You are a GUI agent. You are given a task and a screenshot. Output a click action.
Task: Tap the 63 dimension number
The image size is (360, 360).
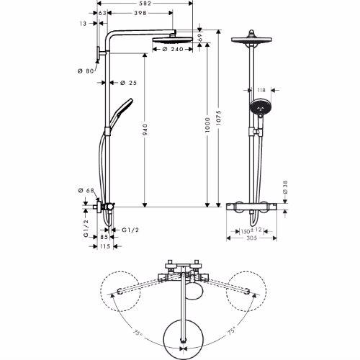tap(102, 13)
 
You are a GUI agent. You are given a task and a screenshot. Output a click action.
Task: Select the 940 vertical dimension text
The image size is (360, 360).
tap(146, 130)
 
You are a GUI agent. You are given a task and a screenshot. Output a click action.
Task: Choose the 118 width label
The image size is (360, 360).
tap(260, 91)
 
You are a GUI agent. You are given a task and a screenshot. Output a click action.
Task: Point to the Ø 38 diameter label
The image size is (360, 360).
tap(284, 188)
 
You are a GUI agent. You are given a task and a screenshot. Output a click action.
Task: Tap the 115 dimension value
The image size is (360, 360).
tap(105, 247)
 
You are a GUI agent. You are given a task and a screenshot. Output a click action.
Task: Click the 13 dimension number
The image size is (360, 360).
tap(84, 23)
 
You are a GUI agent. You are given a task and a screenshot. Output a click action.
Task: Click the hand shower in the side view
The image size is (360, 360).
tap(120, 108)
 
